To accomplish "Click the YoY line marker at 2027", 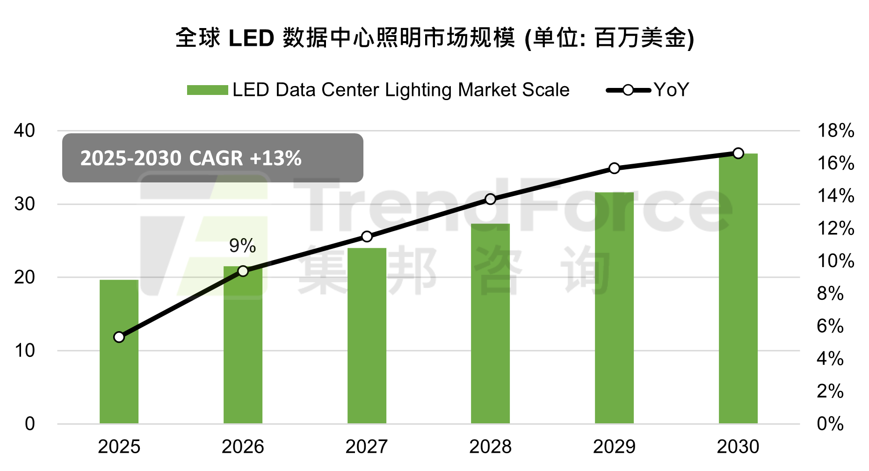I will click(x=367, y=237).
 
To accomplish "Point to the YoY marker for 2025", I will click(x=119, y=337).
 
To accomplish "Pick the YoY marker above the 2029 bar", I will click(x=614, y=168).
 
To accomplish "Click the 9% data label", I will click(x=242, y=246).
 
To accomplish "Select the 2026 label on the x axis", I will click(x=243, y=447).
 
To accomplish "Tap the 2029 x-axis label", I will click(x=614, y=447).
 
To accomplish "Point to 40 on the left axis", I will click(x=24, y=130).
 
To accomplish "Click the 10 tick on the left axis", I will click(x=24, y=351).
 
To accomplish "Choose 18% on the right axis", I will click(x=835, y=130).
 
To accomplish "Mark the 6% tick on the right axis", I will click(x=830, y=326).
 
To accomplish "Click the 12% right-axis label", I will click(x=835, y=228).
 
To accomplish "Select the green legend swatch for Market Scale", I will click(x=207, y=90).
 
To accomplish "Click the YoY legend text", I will click(x=671, y=90).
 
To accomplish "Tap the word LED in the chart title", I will click(x=251, y=38).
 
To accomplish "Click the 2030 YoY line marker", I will click(x=738, y=153).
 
